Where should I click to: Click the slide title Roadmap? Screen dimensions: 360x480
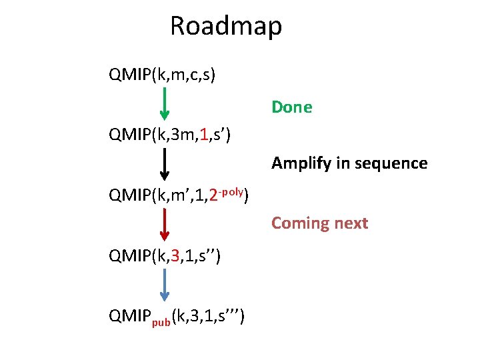coord(226,27)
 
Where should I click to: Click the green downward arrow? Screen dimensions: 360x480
coord(165,103)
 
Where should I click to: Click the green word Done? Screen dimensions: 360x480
coord(291,107)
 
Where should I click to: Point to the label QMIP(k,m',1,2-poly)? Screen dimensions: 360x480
coord(179,196)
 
